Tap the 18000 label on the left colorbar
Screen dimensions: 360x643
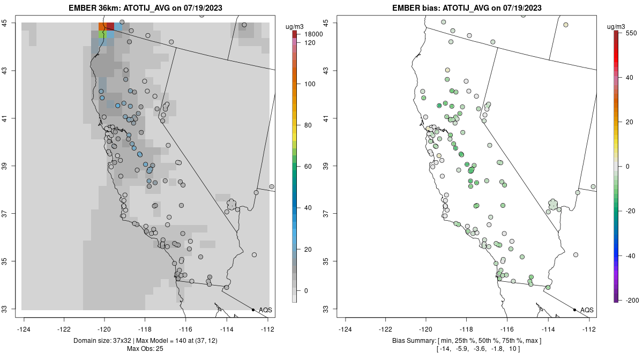pyautogui.click(x=313, y=34)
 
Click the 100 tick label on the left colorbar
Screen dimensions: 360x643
pyautogui.click(x=310, y=84)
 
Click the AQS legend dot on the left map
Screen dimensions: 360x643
pyautogui.click(x=253, y=310)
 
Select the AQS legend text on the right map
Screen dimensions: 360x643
pyautogui.click(x=587, y=310)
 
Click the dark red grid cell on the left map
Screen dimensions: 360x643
pyautogui.click(x=110, y=26)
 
